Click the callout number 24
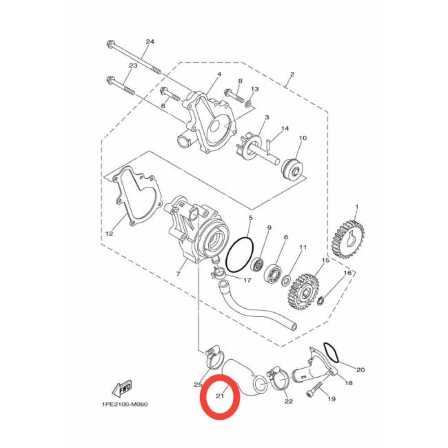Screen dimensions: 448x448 pos(150,42)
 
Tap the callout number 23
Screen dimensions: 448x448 pos(133,66)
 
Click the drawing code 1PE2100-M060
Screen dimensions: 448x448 pos(125,404)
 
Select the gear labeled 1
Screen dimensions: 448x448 pos(348,239)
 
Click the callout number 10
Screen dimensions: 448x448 pos(303,138)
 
